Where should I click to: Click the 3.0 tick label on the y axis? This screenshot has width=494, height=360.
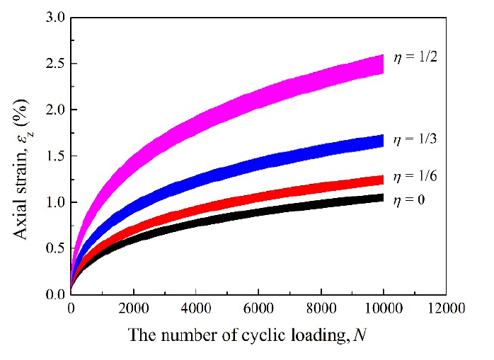(53, 17)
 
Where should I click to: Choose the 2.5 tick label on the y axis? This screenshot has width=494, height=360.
(53, 64)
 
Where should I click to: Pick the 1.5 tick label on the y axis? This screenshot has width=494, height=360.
(53, 156)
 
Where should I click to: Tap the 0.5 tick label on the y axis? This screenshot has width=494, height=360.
(53, 249)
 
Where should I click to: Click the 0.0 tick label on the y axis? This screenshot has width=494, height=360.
(53, 295)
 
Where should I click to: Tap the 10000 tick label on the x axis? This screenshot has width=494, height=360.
(384, 309)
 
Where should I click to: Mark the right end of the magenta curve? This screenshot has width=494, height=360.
(383, 64)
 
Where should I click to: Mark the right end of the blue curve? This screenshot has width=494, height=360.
(383, 141)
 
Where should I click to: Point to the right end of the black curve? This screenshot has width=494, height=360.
(383, 198)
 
